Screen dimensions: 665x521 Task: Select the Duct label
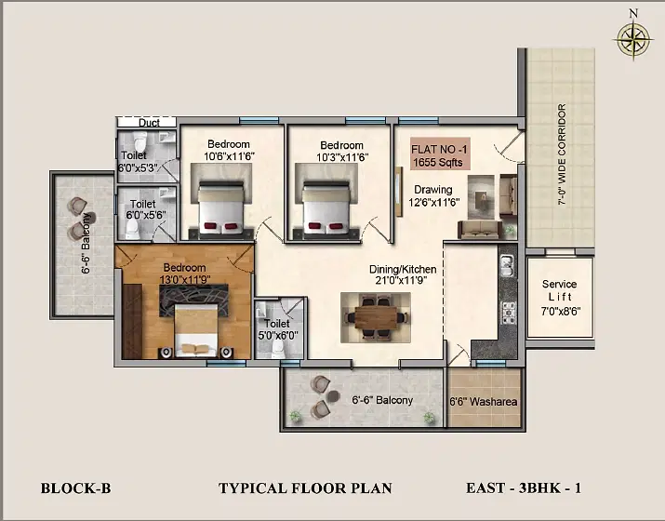point(150,123)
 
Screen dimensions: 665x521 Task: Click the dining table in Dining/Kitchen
point(376,317)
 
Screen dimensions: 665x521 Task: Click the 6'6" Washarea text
point(483,401)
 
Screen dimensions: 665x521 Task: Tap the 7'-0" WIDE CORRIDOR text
point(562,154)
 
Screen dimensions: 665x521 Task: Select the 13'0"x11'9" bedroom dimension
point(185,280)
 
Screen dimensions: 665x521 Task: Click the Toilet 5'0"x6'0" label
point(278,329)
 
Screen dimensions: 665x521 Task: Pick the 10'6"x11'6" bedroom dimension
point(229,156)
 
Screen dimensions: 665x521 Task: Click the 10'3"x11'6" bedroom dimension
point(342,157)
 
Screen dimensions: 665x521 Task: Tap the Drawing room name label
point(433,189)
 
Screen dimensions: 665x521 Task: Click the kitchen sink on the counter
point(507,265)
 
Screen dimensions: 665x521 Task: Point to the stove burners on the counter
point(508,313)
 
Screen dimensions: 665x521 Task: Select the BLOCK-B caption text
point(75,488)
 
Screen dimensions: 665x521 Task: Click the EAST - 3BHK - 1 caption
point(524,488)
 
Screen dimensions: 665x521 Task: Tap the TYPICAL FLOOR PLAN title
point(305,488)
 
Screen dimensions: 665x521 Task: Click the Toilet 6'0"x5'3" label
point(137,162)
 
